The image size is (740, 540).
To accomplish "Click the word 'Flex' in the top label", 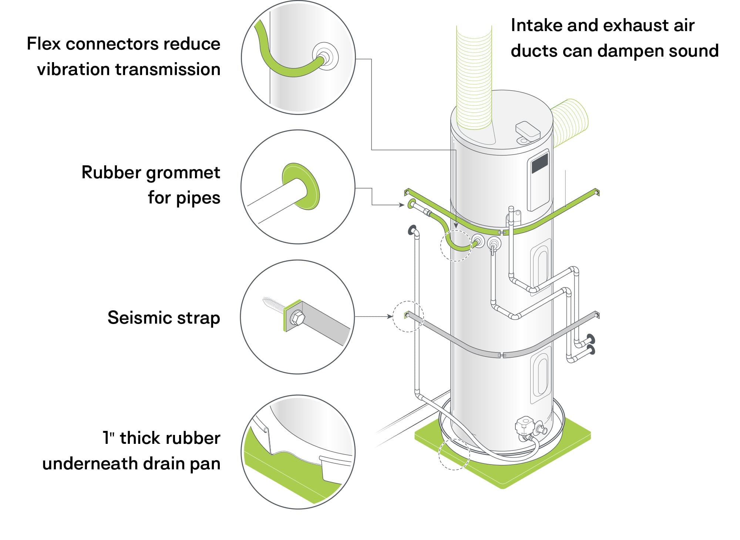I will point(43,44).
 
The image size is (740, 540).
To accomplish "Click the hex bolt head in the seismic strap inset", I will point(296,317).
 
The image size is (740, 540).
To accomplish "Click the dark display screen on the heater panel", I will point(539,163).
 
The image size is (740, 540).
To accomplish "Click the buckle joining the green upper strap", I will point(502,233).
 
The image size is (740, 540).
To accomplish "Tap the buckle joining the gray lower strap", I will point(502,355).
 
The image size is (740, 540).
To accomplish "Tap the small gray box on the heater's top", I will point(527,130).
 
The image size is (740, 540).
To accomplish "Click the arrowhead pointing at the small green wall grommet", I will point(402,205).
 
